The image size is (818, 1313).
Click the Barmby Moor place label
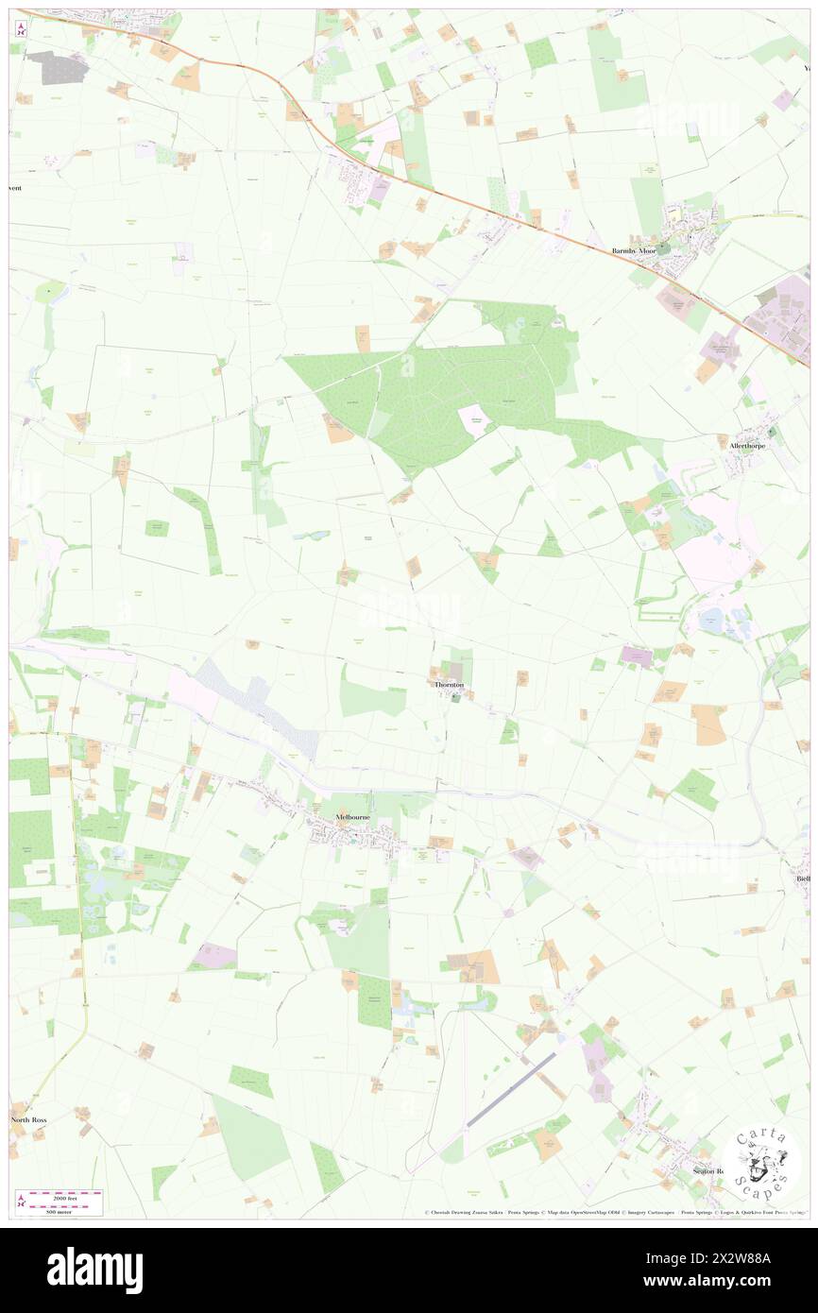click(x=633, y=251)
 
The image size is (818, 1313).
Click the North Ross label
click(x=28, y=1119)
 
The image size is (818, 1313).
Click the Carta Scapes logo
click(x=760, y=1163)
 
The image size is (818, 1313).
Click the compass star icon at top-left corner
click(x=21, y=29)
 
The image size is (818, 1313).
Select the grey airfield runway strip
click(x=510, y=1089)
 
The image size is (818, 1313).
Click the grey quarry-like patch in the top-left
click(x=57, y=66)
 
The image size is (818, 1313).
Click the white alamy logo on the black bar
click(x=94, y=1270)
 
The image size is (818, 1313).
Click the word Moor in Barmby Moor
click(x=647, y=251)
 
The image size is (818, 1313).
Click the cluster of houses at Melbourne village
click(x=349, y=833)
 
